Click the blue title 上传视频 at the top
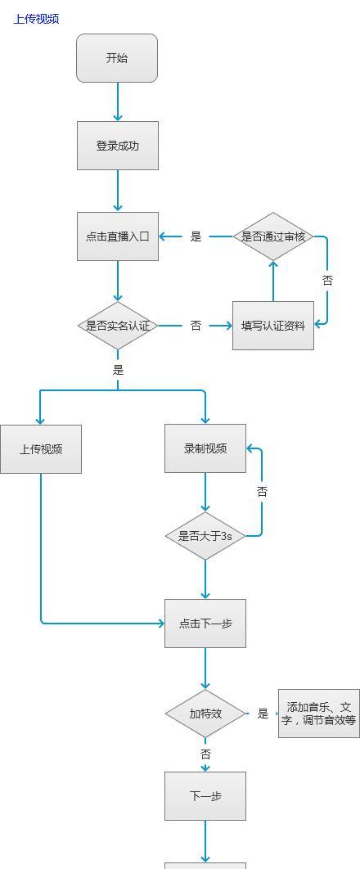pos(36,19)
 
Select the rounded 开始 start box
pos(117,58)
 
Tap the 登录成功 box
pos(118,146)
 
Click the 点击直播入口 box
pos(118,236)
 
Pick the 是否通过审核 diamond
pos(273,236)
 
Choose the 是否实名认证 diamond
pos(118,326)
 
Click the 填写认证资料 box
pos(273,326)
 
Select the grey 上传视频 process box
pos(41,449)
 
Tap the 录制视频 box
pos(205,448)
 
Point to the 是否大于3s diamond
pos(205,536)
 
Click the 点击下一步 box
pos(205,624)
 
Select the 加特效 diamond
pos(205,714)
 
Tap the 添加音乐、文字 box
pos(319,714)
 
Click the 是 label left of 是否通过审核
pos(196,236)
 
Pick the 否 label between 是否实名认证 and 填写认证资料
pos(196,326)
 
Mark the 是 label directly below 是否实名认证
pos(118,370)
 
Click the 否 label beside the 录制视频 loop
pos(262,491)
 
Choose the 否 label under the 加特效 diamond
pos(205,754)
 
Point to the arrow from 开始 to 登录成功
pos(118,102)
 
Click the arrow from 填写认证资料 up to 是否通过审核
pos(273,281)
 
